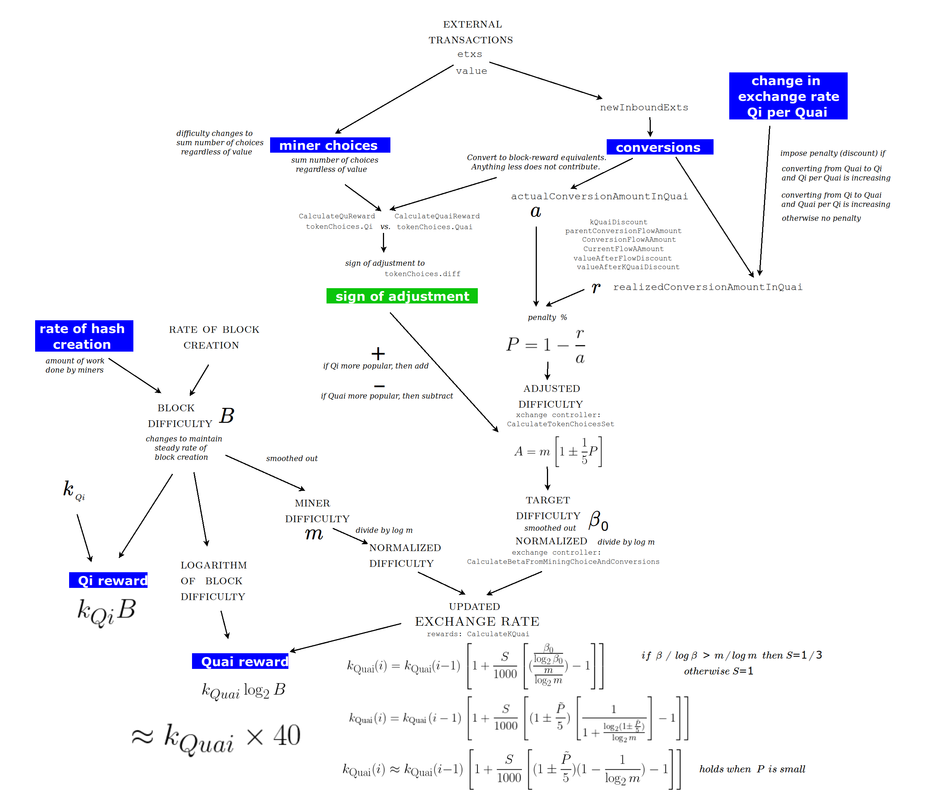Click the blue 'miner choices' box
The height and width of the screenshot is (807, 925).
point(330,145)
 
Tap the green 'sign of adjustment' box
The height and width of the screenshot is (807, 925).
point(402,296)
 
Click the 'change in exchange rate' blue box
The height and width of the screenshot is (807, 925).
point(788,96)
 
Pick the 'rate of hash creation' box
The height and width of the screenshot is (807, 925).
point(84,336)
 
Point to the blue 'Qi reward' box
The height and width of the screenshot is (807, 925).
point(108,580)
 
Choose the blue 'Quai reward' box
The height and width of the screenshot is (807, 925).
point(240,661)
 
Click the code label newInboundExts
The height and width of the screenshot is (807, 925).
point(644,108)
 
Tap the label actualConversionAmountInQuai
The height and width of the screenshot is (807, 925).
point(599,196)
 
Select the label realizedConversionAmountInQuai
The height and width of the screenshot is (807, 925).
point(707,287)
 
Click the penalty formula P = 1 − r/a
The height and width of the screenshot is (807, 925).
point(545,345)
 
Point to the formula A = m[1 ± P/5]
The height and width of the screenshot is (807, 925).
point(558,451)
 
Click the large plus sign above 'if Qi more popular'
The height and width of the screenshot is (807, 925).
point(378,353)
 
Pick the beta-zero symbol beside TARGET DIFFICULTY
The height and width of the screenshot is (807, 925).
point(598,521)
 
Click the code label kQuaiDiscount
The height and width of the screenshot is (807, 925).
point(618,222)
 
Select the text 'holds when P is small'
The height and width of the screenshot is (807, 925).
point(752,769)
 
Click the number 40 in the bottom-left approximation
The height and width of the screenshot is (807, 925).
point(287,736)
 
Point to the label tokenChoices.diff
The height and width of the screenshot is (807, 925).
point(423,274)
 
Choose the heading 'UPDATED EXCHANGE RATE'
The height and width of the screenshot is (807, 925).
point(476,615)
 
